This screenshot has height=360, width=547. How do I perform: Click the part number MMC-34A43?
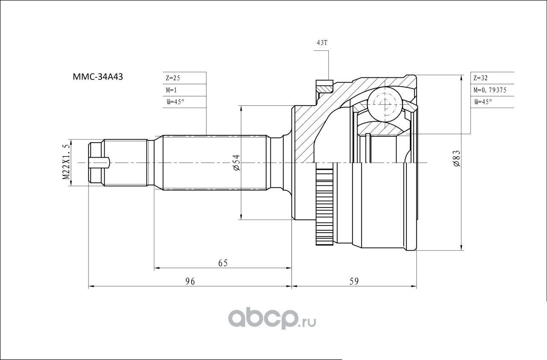pos(98,77)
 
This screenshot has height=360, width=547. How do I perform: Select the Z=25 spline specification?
pos(173,78)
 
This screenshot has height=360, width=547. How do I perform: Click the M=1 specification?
pos(171,90)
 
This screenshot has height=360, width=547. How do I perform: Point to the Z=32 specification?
pos(480,78)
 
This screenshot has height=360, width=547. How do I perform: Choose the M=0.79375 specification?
pos(490,90)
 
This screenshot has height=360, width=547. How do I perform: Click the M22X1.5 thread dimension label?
pos(66,162)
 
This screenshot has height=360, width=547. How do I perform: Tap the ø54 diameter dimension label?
pos(236,163)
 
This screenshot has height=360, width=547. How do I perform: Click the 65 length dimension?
pos(223,263)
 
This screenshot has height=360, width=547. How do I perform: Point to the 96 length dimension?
pos(190,281)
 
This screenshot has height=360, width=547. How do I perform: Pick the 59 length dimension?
pos(354,281)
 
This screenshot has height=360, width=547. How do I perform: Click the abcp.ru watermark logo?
pos(272,318)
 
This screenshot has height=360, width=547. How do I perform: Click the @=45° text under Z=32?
pos(483,102)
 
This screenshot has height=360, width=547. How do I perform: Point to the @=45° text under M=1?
pos(175,102)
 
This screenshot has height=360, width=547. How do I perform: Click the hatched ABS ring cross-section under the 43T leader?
pos(324,88)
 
